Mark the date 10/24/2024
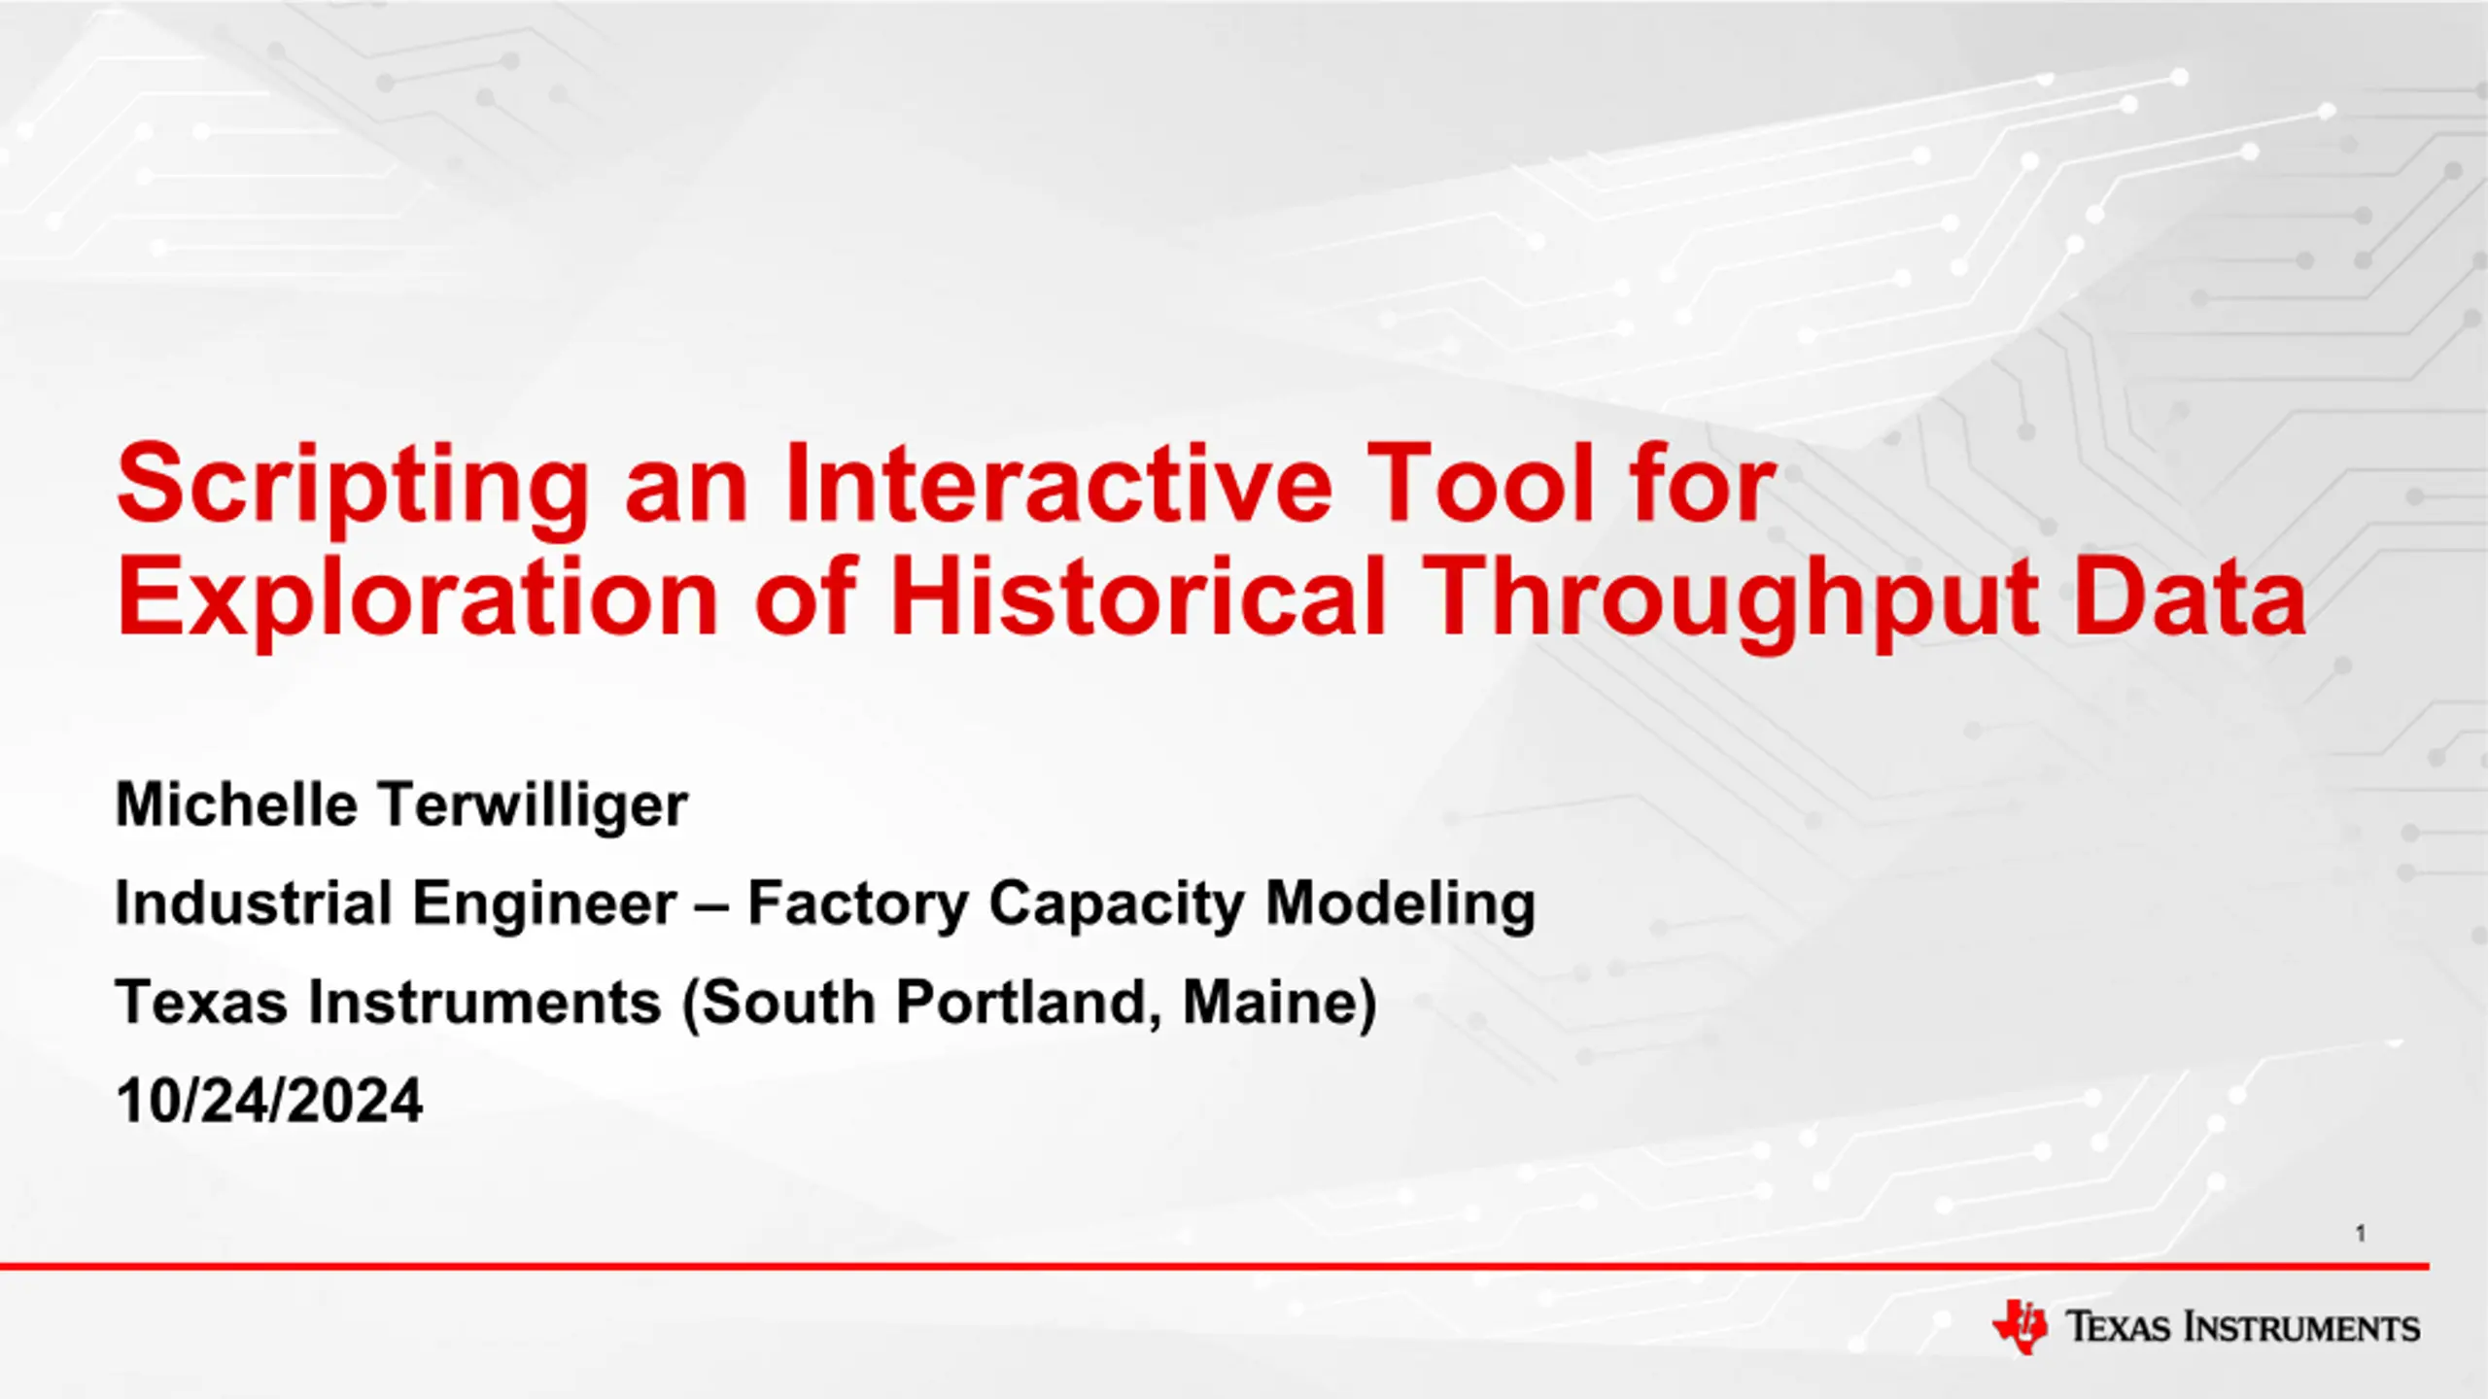pos(269,1101)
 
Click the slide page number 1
pos(2361,1234)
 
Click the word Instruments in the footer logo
pos(2302,1327)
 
